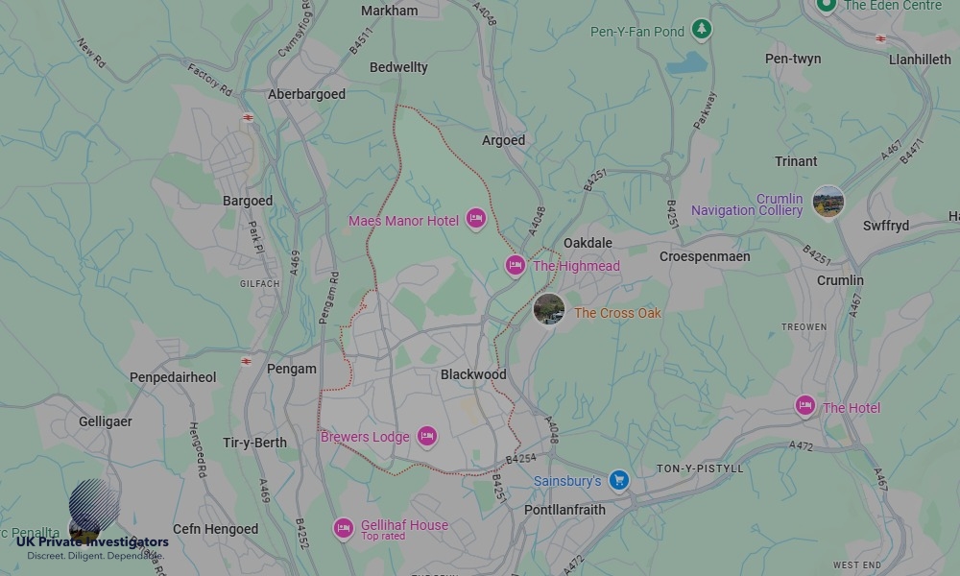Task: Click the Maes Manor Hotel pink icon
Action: point(475,220)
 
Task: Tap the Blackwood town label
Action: point(473,374)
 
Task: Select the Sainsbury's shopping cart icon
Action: point(619,479)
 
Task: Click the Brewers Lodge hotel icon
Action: point(427,437)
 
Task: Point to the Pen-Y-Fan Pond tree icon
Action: point(703,31)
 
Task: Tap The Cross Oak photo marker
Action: point(549,309)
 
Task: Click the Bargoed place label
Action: point(248,201)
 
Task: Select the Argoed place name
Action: point(504,140)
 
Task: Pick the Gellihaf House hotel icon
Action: point(343,528)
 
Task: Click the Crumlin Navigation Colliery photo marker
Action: point(828,202)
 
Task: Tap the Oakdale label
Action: point(588,243)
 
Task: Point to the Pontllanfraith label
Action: point(564,510)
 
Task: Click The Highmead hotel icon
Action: point(516,265)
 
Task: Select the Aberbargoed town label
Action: point(306,94)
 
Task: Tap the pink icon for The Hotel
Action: point(805,407)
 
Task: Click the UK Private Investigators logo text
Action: point(92,542)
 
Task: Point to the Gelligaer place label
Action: point(106,421)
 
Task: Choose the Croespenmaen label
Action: point(705,256)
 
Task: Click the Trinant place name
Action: point(796,161)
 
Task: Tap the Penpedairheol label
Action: point(173,377)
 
